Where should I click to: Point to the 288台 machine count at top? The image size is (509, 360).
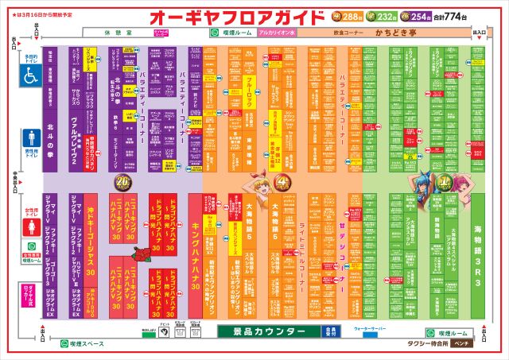coord(351,16)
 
